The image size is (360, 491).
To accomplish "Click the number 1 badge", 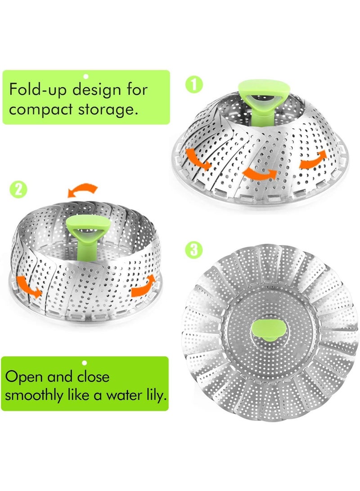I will tap(193, 84).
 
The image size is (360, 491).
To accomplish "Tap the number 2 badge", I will tap(18, 189).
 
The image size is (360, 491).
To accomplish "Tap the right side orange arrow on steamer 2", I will tap(143, 286).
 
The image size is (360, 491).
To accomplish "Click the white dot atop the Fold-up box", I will tap(85, 77).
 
